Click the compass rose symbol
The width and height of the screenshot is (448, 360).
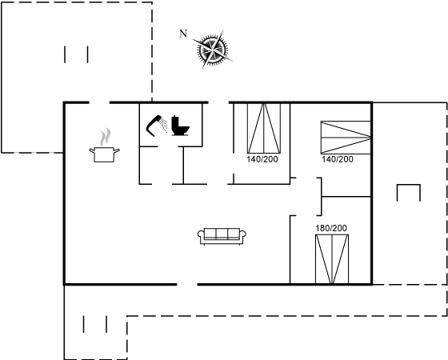(x=213, y=50)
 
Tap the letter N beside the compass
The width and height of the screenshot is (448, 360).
(x=183, y=34)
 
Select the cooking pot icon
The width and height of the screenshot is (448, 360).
(x=104, y=154)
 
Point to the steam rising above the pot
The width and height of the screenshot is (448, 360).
(x=105, y=137)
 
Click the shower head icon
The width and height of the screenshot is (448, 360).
(x=157, y=126)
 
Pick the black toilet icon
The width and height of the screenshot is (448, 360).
(x=180, y=126)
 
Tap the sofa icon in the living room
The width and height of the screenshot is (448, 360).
(x=222, y=236)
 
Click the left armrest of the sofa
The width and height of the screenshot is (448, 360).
(x=201, y=235)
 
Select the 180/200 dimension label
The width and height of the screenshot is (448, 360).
(x=331, y=228)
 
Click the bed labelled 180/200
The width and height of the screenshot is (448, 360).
(x=332, y=259)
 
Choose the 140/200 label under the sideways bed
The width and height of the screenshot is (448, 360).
(x=338, y=159)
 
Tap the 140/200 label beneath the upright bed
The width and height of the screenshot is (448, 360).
(x=262, y=159)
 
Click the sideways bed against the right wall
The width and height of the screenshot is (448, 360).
(x=346, y=138)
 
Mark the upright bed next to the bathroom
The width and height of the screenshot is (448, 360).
(x=264, y=128)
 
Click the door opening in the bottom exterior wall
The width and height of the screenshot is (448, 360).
(x=187, y=284)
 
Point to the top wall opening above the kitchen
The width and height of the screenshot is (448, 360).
(x=99, y=102)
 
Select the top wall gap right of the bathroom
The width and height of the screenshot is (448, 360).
(x=218, y=102)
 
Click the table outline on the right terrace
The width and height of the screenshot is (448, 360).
(x=409, y=185)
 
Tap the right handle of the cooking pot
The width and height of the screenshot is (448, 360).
(x=117, y=150)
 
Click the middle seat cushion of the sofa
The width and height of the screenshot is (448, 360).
(x=222, y=234)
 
